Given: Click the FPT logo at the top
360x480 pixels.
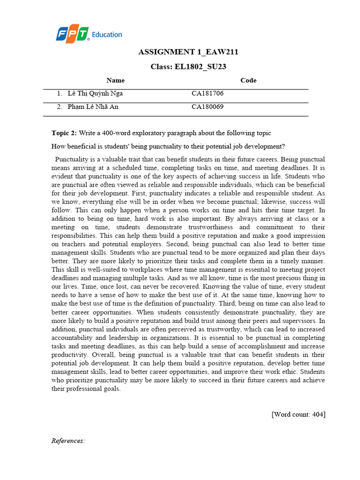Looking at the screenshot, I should point(73,34).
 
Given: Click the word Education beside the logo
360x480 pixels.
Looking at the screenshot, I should point(107,34).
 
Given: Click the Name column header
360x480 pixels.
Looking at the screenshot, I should point(115,80).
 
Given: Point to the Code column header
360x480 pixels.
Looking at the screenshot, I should point(248,80).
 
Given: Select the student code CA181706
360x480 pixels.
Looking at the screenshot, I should point(208,93).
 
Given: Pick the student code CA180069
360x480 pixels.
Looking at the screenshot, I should point(208,107).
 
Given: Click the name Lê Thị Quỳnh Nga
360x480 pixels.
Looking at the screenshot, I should point(95,93).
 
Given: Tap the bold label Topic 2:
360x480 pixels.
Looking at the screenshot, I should point(64,133).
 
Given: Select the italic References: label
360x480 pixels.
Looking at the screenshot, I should point(68,441).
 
